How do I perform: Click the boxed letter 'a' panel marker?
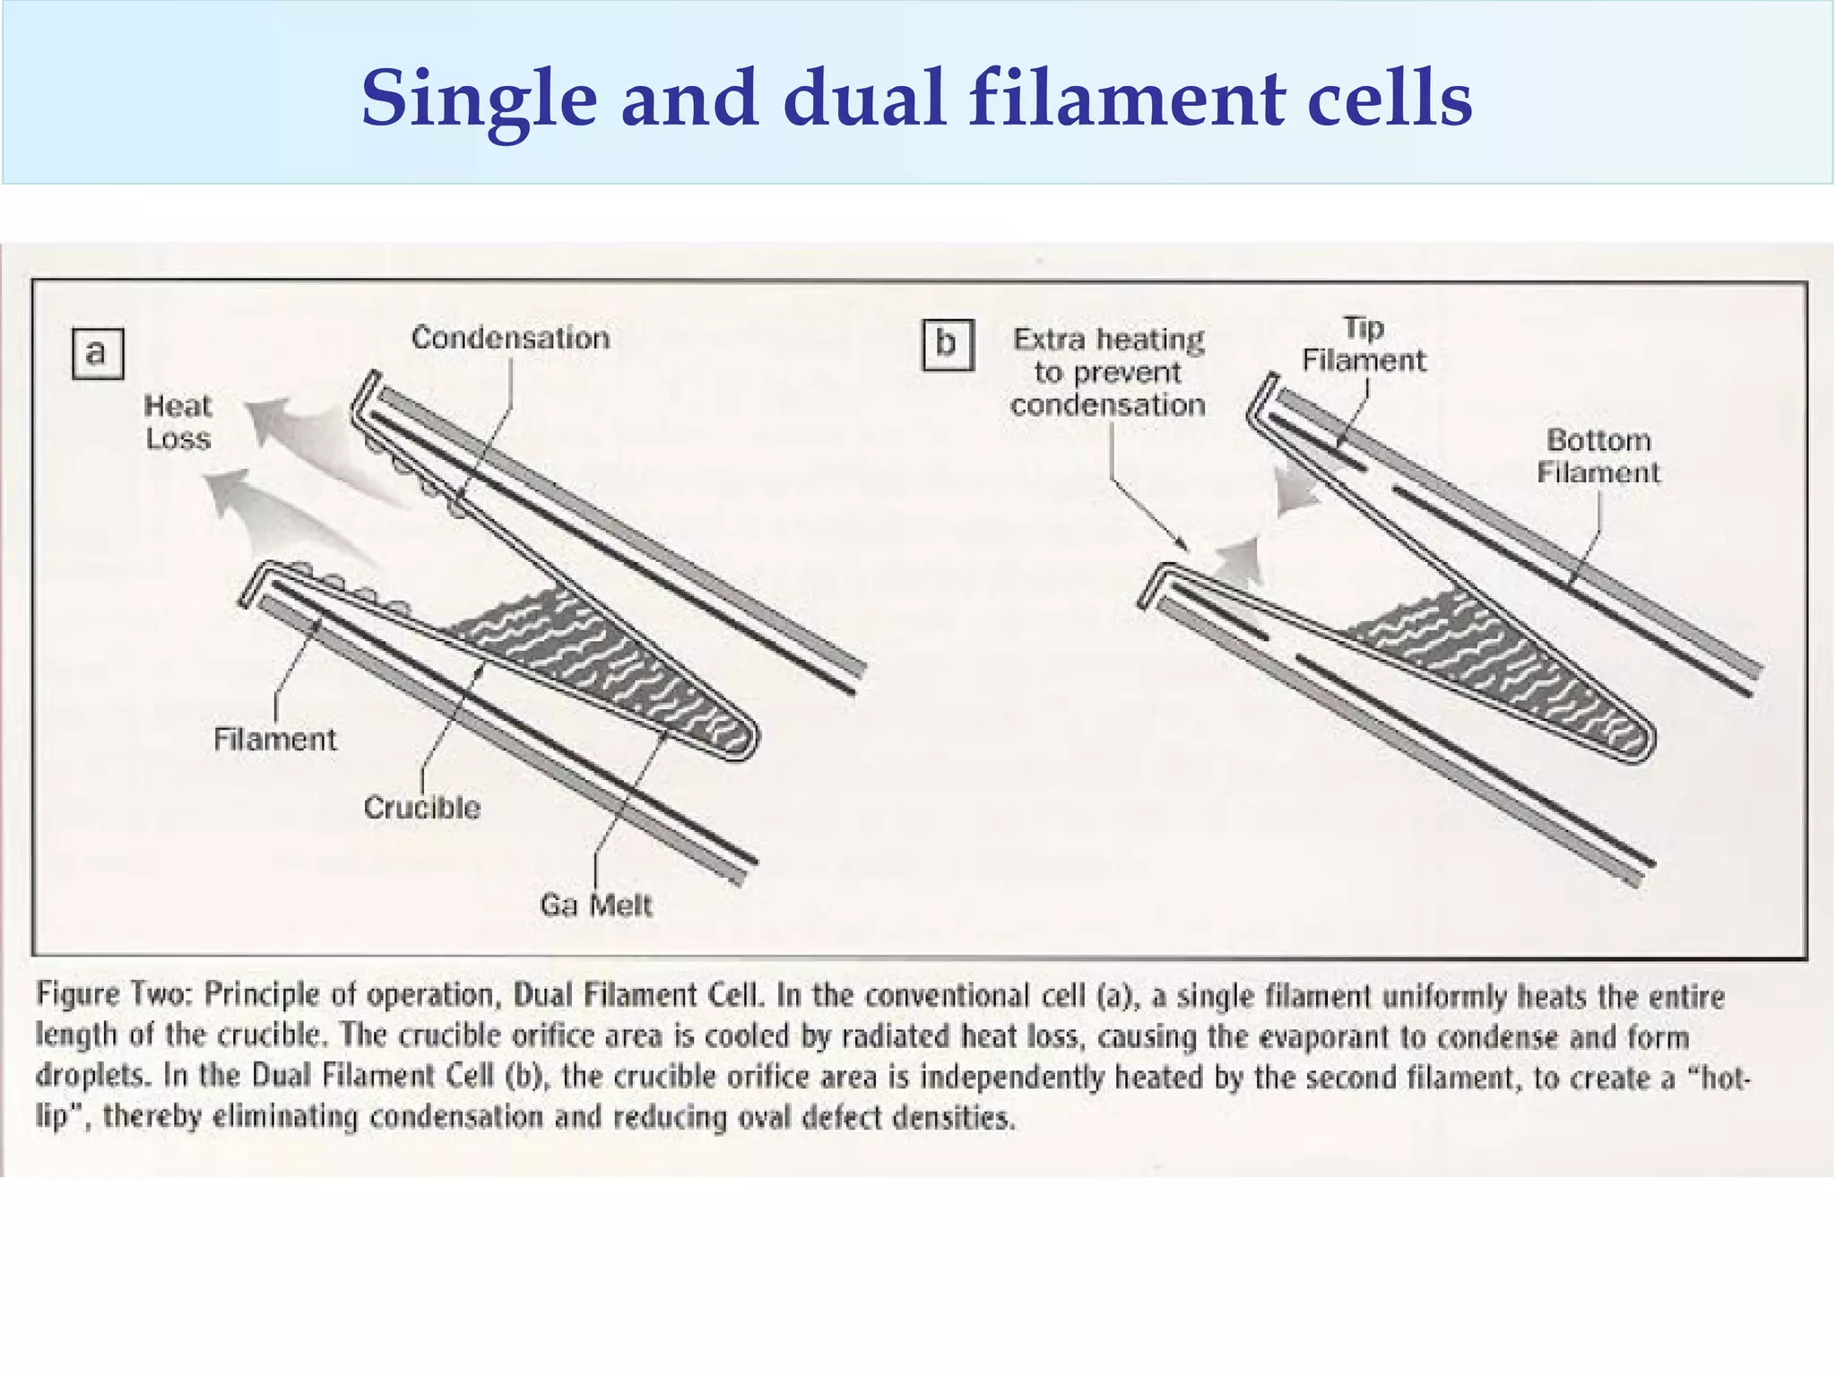click(x=97, y=353)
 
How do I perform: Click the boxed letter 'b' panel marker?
click(x=948, y=344)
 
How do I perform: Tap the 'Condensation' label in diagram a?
click(x=510, y=338)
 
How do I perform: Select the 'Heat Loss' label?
click(x=178, y=422)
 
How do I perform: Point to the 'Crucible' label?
click(x=421, y=808)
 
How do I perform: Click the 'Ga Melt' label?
click(x=595, y=905)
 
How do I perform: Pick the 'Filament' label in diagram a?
click(x=274, y=740)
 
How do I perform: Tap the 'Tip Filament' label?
click(x=1363, y=344)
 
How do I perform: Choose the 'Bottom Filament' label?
click(x=1598, y=456)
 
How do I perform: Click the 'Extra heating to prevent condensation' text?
click(x=1108, y=372)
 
